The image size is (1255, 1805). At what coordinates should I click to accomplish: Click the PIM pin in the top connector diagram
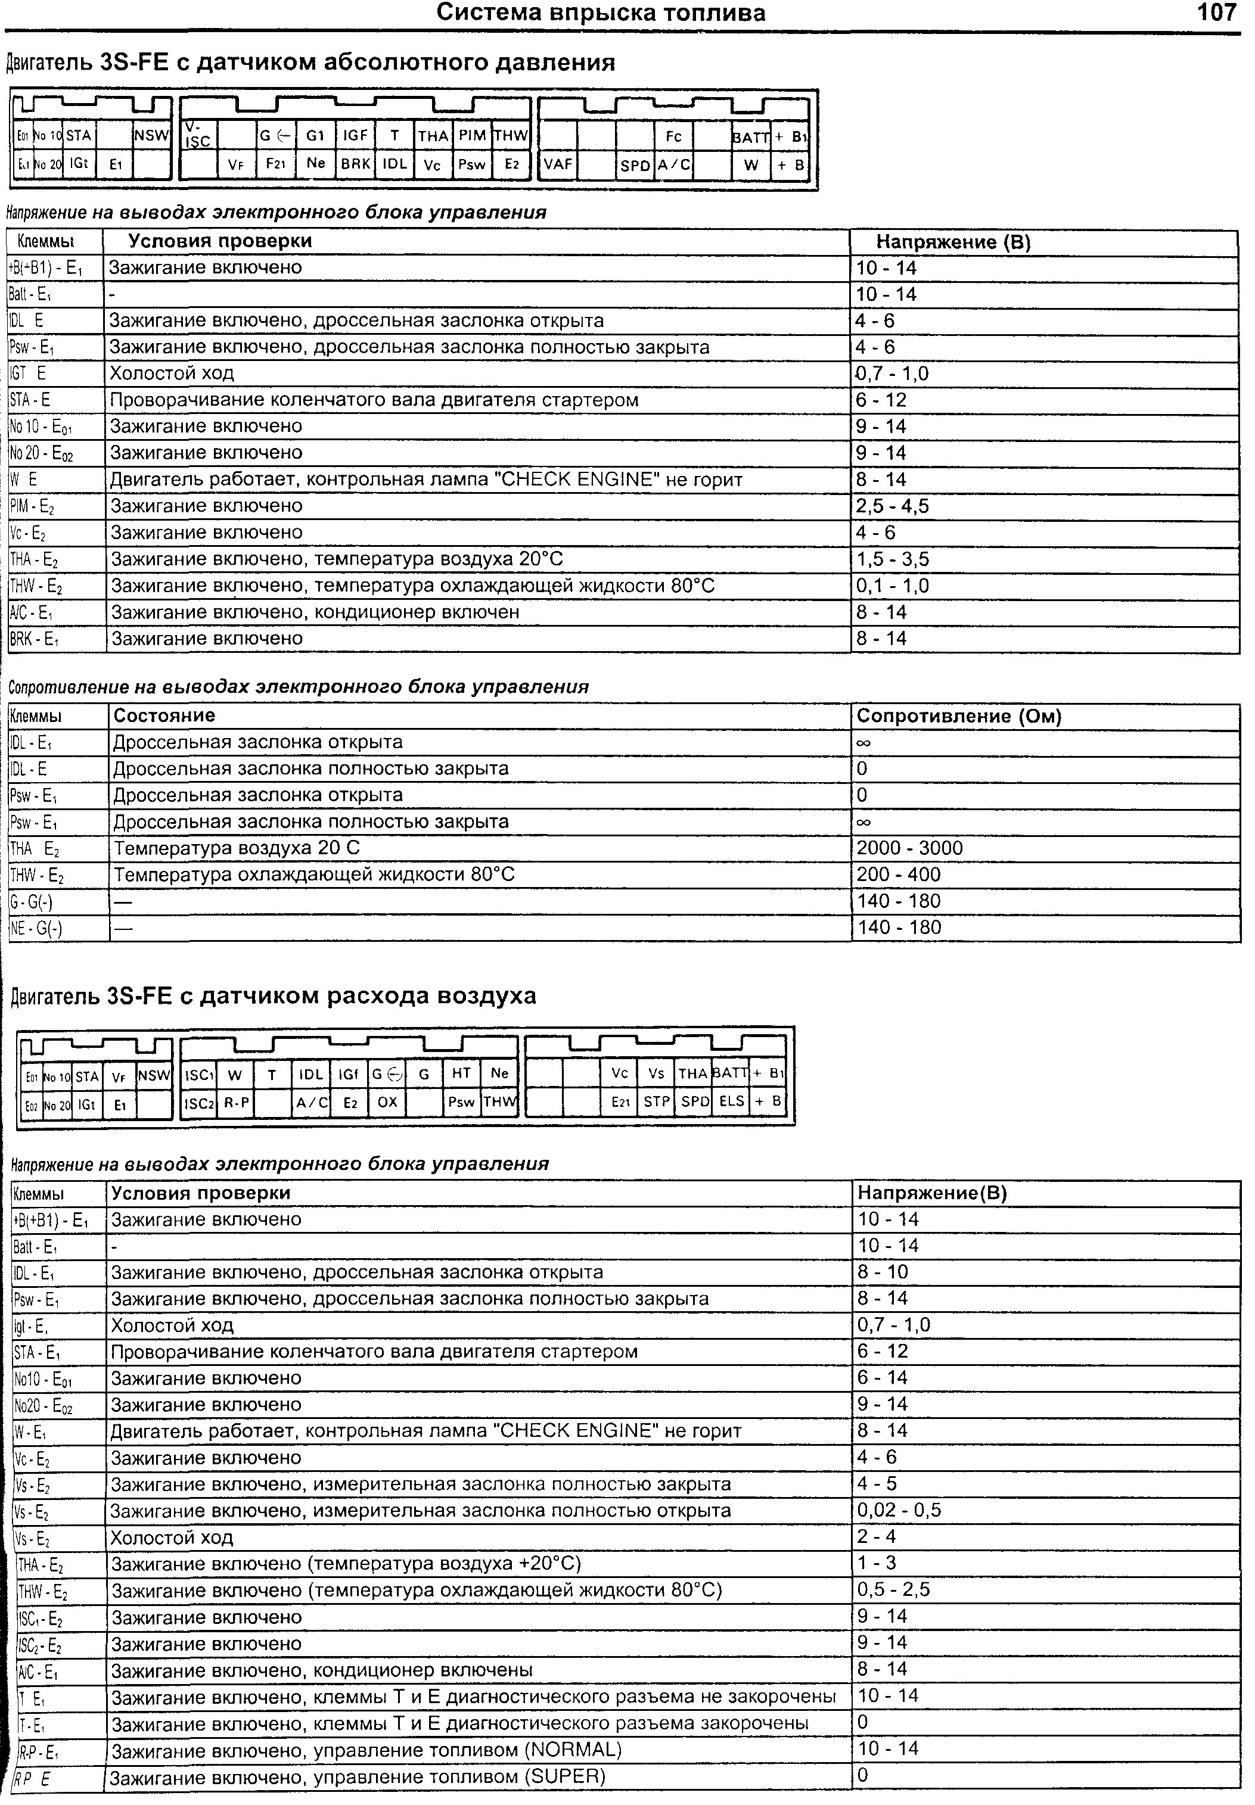point(473,136)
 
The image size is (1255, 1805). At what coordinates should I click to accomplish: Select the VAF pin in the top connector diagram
point(558,164)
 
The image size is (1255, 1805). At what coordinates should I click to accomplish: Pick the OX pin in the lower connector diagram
point(388,1102)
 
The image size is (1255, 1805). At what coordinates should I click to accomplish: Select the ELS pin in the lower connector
point(731,1101)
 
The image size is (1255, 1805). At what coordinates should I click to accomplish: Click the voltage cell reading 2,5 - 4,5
point(893,506)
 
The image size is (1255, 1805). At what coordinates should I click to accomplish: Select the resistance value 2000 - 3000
point(909,848)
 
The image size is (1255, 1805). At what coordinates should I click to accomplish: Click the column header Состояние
point(164,715)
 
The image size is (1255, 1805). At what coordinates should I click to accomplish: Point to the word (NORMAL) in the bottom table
point(571,1750)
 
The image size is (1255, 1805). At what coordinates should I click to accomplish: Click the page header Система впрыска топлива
point(601,13)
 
